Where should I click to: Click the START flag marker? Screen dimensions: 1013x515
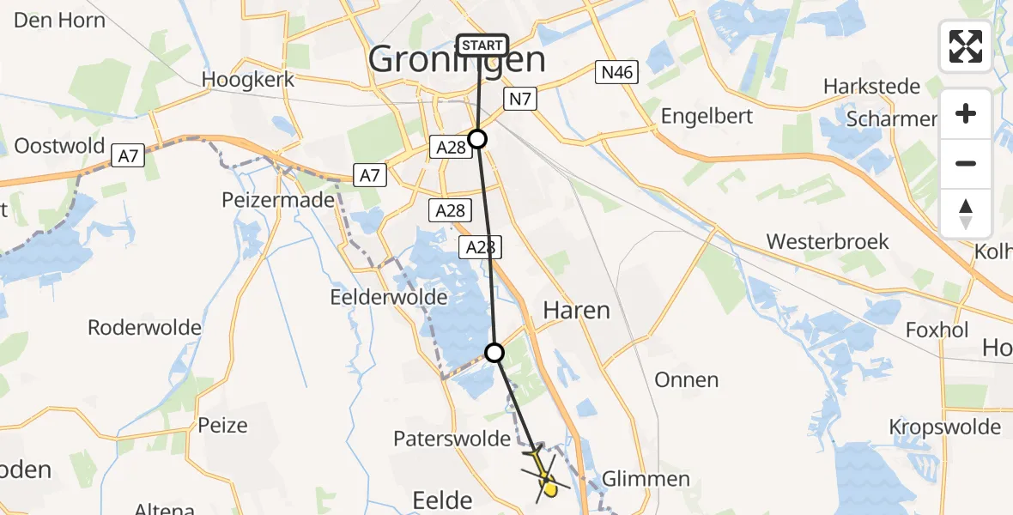(x=484, y=45)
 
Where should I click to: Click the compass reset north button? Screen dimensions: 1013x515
(x=966, y=214)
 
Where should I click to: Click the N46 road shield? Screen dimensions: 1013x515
(x=617, y=73)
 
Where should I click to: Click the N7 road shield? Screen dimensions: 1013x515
(x=521, y=100)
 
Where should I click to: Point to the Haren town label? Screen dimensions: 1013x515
(x=576, y=311)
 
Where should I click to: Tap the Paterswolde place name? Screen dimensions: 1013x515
(x=452, y=439)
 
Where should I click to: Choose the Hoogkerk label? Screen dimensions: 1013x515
(x=248, y=80)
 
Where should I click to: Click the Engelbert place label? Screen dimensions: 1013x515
(x=707, y=116)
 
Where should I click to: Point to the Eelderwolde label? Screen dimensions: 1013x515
(x=389, y=297)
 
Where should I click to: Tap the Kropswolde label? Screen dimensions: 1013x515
(x=944, y=427)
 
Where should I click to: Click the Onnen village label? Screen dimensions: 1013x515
(x=686, y=379)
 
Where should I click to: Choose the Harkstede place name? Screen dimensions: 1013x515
(x=871, y=87)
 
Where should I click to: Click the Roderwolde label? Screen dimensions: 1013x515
(x=144, y=327)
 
